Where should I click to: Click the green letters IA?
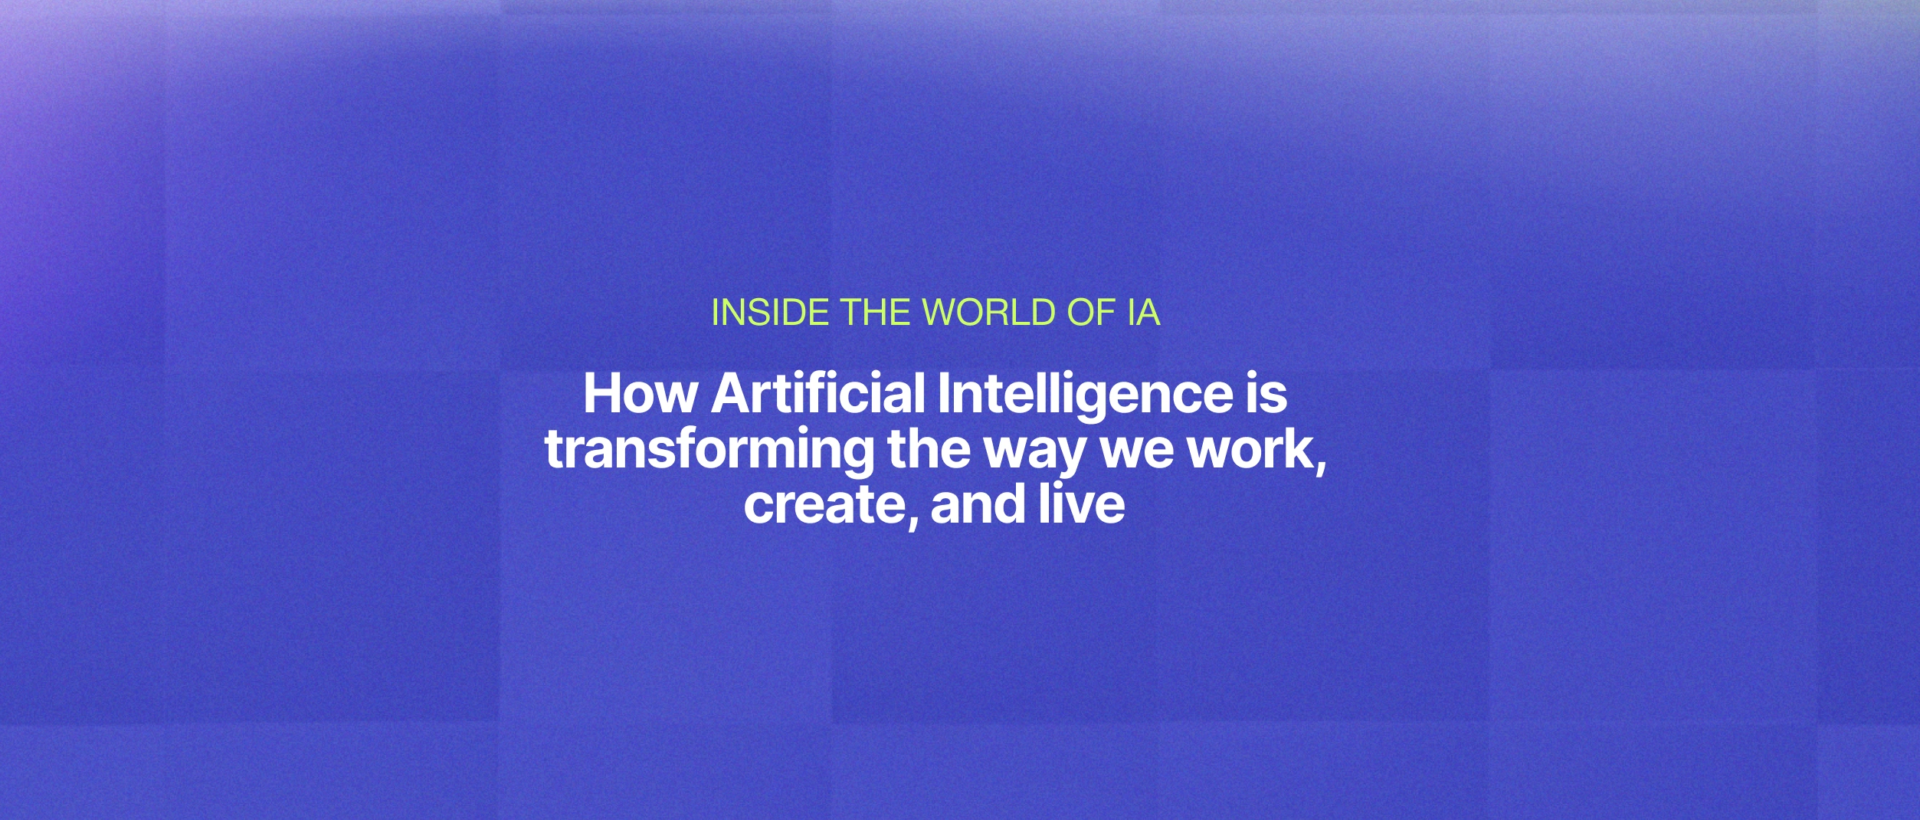coord(1143,313)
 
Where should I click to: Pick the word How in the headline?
coord(641,394)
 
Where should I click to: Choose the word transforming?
coord(709,451)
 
